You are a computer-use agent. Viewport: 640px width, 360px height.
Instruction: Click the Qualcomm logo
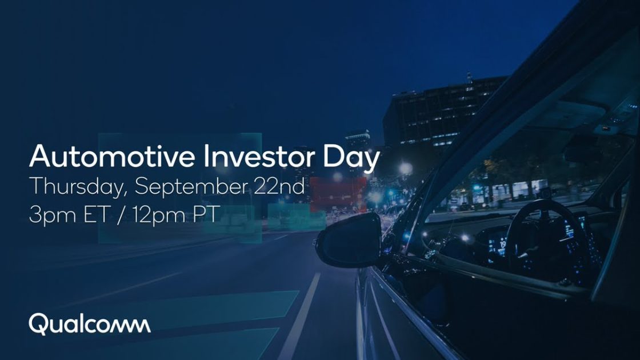point(90,324)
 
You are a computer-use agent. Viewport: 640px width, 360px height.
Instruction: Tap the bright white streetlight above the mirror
point(406,167)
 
